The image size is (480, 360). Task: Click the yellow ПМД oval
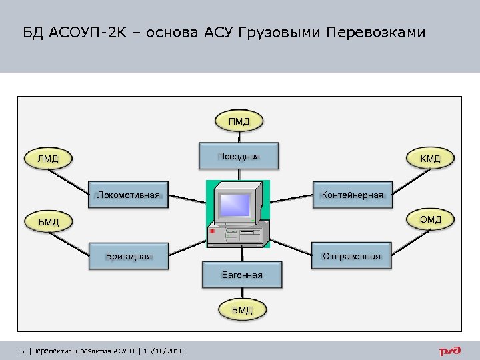239,121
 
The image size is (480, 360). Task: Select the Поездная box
239,157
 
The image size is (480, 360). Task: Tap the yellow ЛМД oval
48,159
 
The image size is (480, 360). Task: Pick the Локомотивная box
129,195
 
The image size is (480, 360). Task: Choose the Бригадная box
129,256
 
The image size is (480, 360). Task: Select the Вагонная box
242,275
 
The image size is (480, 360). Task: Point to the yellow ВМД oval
242,311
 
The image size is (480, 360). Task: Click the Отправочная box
351,256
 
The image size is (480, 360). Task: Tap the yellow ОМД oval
430,219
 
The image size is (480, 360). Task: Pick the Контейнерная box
352,195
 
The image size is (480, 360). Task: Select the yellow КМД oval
430,159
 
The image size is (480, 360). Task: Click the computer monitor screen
235,203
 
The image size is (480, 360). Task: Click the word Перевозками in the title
375,33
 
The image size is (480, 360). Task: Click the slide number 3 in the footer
23,351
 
